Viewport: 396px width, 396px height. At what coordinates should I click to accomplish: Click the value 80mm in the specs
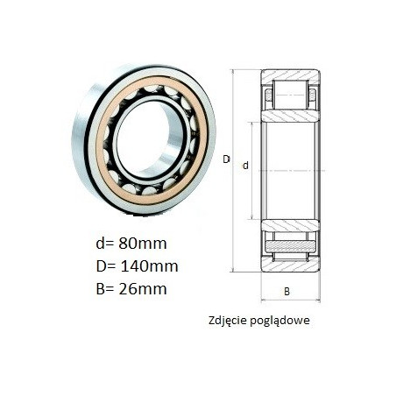pyautogui.click(x=143, y=244)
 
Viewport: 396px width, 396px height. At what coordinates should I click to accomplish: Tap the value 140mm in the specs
pyautogui.click(x=149, y=266)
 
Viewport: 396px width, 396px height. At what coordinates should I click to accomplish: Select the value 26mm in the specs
pyautogui.click(x=143, y=289)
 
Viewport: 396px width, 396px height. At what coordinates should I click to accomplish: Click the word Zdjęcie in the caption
pyautogui.click(x=228, y=321)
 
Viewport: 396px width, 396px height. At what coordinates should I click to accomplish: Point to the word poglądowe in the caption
pyautogui.click(x=279, y=321)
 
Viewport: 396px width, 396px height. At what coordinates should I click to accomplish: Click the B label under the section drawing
pyautogui.click(x=286, y=292)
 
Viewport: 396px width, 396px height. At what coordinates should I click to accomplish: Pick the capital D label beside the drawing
pyautogui.click(x=226, y=159)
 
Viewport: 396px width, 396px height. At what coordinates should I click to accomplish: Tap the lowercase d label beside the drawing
pyautogui.click(x=245, y=166)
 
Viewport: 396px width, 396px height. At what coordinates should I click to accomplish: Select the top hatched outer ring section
pyautogui.click(x=290, y=75)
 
